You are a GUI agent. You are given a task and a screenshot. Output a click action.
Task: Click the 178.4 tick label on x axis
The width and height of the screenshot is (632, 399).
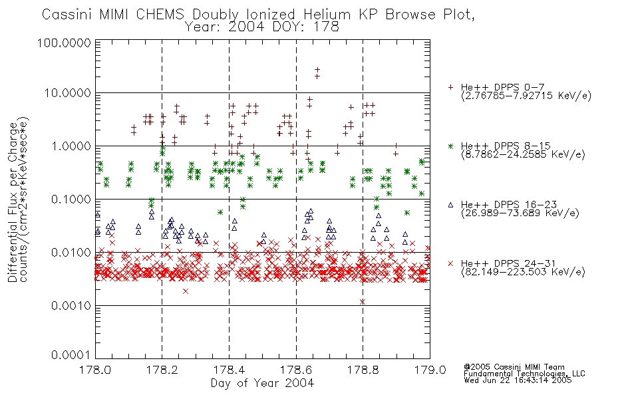point(229,370)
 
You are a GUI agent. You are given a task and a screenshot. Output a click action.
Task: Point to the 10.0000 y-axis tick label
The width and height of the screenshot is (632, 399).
point(68,93)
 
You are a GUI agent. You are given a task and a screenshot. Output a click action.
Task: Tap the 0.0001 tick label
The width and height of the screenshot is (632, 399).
point(71,354)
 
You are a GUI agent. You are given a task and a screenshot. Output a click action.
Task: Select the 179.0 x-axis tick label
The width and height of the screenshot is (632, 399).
point(430,370)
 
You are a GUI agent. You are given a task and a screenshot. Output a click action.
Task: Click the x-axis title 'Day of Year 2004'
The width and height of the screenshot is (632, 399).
point(262,383)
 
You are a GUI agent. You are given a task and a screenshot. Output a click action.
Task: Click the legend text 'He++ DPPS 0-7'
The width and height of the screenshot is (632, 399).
point(503,87)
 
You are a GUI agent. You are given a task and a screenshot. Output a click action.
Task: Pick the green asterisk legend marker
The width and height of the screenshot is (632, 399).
point(450,146)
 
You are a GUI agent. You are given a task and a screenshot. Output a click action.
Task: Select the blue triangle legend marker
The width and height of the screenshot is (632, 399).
point(450,205)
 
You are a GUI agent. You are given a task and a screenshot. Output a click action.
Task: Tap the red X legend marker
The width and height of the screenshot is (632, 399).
point(450,263)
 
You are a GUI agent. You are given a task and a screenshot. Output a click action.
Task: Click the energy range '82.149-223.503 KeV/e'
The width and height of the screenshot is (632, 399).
point(523,272)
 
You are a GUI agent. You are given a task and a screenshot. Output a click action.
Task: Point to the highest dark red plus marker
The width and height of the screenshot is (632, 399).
point(317,70)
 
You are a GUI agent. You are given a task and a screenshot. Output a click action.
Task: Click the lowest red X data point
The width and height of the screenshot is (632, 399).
point(363,301)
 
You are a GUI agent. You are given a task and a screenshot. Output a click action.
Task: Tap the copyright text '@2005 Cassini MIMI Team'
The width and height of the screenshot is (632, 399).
point(514,367)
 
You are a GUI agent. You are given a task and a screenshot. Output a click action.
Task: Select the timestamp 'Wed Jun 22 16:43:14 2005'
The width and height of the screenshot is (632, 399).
point(518,380)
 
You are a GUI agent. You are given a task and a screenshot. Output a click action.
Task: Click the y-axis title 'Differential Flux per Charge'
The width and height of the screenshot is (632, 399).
point(13,201)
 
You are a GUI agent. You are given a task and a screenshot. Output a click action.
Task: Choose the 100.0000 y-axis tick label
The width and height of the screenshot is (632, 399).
point(64,43)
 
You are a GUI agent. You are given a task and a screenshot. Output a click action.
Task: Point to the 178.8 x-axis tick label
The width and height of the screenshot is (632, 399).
point(363,370)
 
